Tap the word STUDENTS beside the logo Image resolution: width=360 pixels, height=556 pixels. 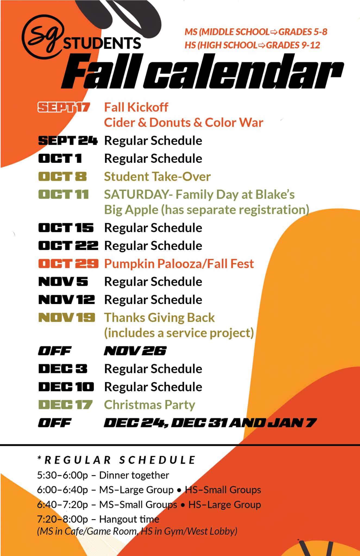[102, 43]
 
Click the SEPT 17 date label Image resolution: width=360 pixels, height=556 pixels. [64, 107]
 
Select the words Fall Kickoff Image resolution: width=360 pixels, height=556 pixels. [136, 107]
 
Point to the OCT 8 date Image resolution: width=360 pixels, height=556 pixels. [62, 176]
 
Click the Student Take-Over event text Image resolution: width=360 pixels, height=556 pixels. [157, 176]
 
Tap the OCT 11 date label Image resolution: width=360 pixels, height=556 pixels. [64, 194]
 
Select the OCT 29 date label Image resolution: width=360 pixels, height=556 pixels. [68, 263]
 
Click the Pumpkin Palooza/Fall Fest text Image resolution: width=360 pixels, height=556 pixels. [179, 264]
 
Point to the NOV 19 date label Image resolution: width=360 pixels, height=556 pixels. [67, 317]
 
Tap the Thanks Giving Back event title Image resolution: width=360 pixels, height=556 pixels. [159, 318]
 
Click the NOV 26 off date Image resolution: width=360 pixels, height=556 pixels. [135, 351]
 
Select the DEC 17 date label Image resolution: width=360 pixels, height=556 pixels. [65, 405]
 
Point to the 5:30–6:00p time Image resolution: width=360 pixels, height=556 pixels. [63, 475]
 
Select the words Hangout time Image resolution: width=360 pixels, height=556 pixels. [129, 519]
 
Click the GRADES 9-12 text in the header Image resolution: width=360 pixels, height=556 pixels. [293, 45]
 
